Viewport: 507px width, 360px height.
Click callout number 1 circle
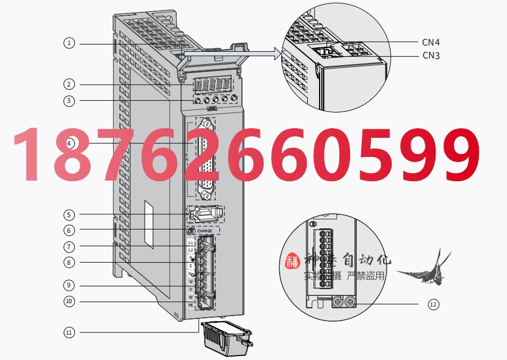tap(69, 43)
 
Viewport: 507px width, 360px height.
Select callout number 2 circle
tap(69, 84)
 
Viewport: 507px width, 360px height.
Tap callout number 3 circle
tap(69, 101)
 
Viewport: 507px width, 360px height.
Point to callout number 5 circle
tap(69, 214)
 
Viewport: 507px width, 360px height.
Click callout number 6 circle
tap(69, 230)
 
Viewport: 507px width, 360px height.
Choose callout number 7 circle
tap(69, 246)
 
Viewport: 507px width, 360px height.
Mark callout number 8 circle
tap(69, 262)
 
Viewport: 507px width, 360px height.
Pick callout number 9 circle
tap(69, 285)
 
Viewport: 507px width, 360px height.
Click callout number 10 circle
tap(69, 301)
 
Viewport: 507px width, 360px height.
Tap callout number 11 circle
tap(69, 332)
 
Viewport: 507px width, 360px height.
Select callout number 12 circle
tap(433, 304)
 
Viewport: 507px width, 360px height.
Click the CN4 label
tap(430, 41)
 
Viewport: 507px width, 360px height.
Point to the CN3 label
tap(430, 56)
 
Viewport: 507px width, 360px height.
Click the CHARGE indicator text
tap(205, 231)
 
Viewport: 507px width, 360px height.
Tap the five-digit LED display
tap(212, 85)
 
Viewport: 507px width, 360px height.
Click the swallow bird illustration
tap(424, 269)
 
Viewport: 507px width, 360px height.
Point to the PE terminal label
tap(190, 305)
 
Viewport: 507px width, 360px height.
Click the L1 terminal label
tap(190, 242)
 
